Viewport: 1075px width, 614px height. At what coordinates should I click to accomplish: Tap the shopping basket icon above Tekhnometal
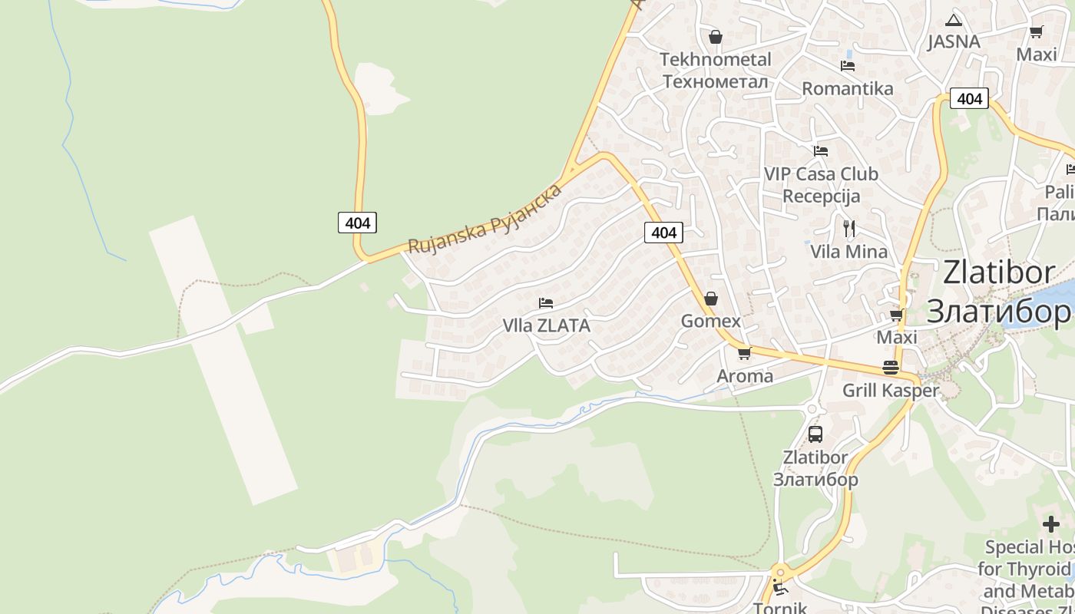click(x=716, y=37)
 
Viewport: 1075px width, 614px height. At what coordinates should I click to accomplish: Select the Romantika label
click(x=848, y=88)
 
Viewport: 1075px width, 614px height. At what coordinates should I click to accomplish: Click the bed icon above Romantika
click(x=848, y=66)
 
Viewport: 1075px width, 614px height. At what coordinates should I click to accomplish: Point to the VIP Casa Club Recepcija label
click(x=821, y=185)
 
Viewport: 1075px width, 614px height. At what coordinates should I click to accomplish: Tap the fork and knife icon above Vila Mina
click(x=848, y=228)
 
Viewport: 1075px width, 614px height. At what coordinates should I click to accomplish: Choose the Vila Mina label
click(x=848, y=252)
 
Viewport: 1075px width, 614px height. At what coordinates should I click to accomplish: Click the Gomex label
click(x=711, y=321)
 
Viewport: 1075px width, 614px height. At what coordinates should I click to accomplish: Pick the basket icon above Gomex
click(x=711, y=299)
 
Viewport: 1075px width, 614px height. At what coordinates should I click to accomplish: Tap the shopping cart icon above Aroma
click(x=744, y=354)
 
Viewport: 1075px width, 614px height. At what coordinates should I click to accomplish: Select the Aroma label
click(x=744, y=376)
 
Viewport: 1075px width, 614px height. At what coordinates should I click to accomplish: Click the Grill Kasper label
click(x=891, y=390)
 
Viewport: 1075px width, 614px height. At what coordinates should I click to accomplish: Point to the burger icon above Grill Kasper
click(x=891, y=368)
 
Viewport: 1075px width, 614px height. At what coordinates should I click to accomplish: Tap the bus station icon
click(x=815, y=434)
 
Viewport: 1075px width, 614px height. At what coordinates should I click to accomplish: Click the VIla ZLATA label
click(x=546, y=325)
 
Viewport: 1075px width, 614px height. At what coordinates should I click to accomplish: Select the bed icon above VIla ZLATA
click(x=546, y=303)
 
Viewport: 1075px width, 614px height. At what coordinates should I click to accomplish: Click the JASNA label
click(x=954, y=41)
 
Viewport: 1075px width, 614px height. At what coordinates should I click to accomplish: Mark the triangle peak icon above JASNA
click(x=954, y=20)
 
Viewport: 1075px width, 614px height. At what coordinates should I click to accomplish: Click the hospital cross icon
click(x=1051, y=524)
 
